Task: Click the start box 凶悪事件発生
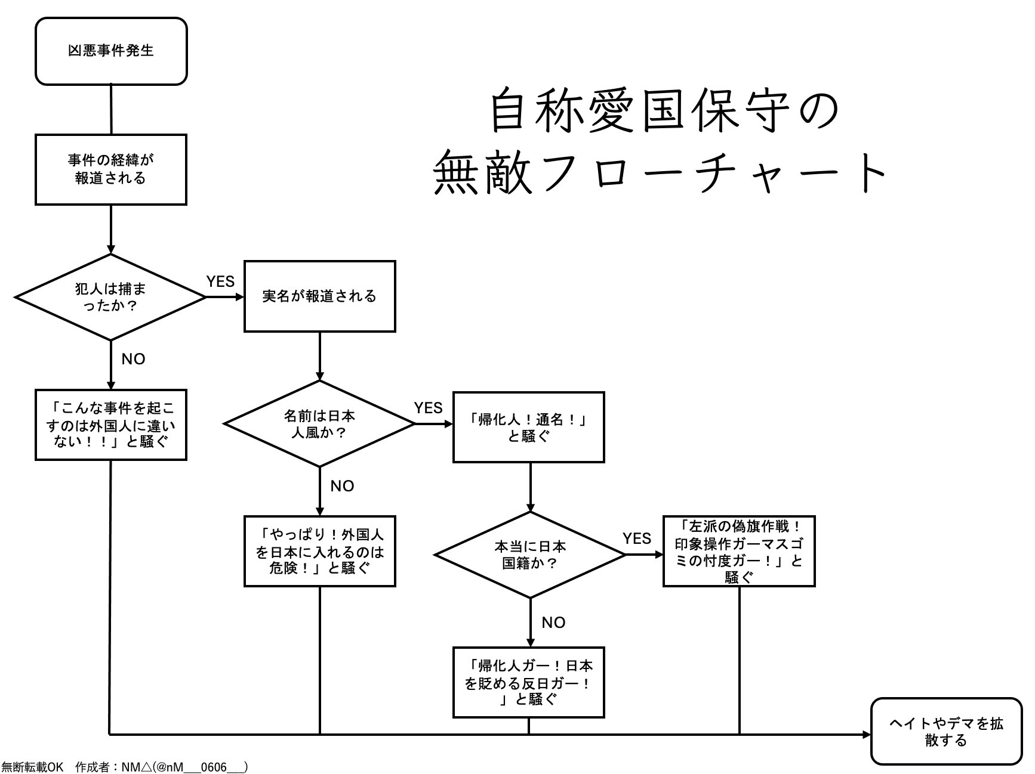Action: click(111, 51)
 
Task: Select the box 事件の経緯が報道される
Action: click(111, 169)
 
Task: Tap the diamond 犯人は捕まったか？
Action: click(110, 297)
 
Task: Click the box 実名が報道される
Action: click(320, 296)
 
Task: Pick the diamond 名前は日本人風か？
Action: click(319, 424)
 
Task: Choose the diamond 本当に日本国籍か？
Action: click(530, 555)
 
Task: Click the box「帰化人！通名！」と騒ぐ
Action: click(529, 427)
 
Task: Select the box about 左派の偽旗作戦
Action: click(739, 552)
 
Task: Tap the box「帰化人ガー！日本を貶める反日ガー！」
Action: click(529, 682)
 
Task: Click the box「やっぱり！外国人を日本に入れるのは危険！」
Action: click(320, 551)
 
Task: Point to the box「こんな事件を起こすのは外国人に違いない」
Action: click(111, 425)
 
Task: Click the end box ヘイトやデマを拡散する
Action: click(947, 732)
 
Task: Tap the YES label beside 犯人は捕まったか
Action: click(220, 281)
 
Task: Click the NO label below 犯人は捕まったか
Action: click(133, 359)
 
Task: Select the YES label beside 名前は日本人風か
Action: click(429, 408)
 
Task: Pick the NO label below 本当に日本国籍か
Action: click(553, 623)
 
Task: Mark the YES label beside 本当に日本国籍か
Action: click(637, 538)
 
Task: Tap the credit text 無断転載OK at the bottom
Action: click(32, 767)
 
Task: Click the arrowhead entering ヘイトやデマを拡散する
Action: click(867, 735)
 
